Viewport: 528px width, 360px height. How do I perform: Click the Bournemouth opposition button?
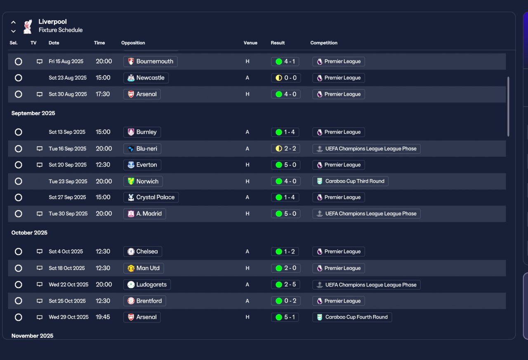pos(151,62)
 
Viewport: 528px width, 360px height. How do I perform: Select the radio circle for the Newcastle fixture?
pos(19,78)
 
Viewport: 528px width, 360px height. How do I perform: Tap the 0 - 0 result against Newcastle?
pos(286,78)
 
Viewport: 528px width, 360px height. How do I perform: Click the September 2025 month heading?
pos(33,113)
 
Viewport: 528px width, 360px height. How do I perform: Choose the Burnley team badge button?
pos(142,132)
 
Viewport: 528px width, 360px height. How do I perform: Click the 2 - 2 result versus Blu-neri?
pos(285,149)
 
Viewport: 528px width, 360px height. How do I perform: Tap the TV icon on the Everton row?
pos(40,165)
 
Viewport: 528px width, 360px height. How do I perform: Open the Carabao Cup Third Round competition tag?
pos(350,181)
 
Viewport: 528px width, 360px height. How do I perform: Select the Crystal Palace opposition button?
pos(151,197)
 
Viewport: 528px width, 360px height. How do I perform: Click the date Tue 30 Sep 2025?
pos(68,213)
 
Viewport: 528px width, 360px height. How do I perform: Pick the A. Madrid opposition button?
pos(144,214)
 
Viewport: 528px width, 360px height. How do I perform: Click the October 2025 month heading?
pos(29,232)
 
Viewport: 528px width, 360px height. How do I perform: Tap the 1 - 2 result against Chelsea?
pos(285,251)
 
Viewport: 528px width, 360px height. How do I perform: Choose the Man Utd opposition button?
pos(144,268)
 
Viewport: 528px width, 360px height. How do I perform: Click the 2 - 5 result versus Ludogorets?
pos(285,284)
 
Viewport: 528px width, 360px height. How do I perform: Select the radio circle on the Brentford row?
pos(19,301)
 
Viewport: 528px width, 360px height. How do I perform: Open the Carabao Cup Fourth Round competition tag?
pos(352,317)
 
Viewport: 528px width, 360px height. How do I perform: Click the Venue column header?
pos(250,43)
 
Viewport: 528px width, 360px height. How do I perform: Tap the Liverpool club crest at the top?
pos(28,26)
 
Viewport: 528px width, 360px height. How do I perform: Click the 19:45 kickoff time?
pos(103,317)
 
